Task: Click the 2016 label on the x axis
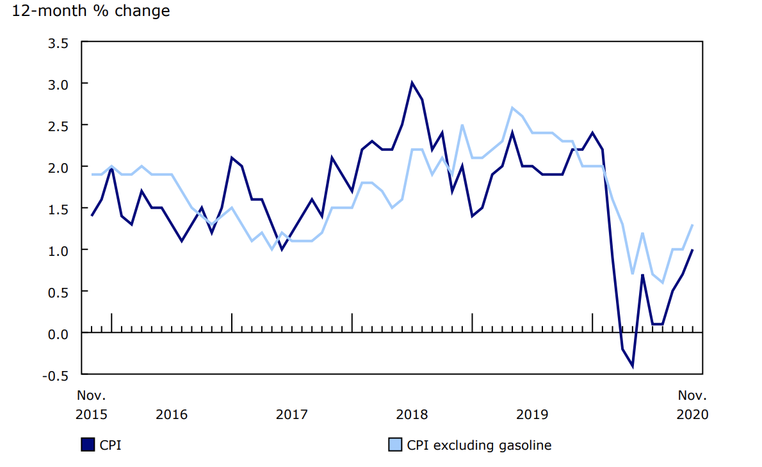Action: (172, 415)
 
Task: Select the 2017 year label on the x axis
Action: (291, 415)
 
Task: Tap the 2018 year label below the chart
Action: (412, 415)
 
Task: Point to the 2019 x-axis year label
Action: (532, 415)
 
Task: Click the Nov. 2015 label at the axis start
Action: (92, 405)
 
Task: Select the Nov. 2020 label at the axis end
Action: (692, 405)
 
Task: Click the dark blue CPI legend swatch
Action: (88, 445)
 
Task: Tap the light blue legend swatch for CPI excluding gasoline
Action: (396, 445)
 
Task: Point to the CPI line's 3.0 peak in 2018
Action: (412, 83)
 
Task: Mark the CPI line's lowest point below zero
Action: (632, 366)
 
